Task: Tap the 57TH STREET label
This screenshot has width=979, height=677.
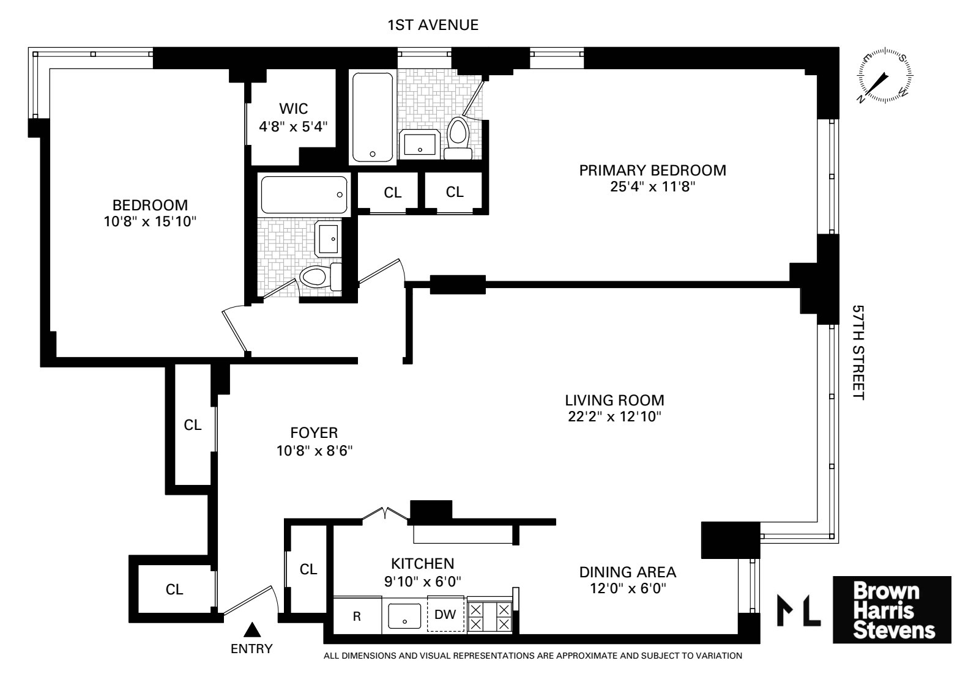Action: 859,353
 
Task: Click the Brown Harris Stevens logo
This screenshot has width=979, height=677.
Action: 892,610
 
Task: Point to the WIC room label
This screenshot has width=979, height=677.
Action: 293,109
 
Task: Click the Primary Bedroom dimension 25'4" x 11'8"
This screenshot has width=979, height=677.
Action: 653,187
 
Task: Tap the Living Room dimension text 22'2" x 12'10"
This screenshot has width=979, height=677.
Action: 614,417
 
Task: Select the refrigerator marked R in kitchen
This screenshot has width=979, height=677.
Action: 357,616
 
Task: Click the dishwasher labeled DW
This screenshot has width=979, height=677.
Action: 445,615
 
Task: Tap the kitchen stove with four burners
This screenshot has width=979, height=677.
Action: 489,616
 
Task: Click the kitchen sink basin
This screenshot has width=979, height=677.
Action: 404,616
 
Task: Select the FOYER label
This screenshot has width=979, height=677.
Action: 314,433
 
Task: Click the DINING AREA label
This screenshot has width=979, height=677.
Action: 628,572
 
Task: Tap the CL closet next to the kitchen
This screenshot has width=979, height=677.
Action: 308,569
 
